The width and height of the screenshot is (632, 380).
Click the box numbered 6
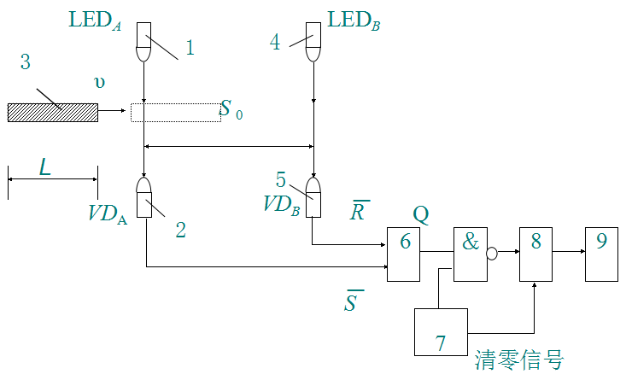point(404,254)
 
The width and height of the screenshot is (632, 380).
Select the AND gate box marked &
point(470,254)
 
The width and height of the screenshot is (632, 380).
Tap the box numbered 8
point(535,254)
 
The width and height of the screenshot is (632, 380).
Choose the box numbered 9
point(601,254)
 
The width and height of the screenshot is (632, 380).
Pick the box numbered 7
point(441,331)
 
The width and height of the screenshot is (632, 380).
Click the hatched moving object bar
point(53,112)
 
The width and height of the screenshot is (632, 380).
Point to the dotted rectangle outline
point(175,112)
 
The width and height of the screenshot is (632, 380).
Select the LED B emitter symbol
point(314,43)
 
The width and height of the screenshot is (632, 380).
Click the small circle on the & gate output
point(492,252)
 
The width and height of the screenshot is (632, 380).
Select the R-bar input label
point(360,210)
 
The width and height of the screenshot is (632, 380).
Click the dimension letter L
point(44,167)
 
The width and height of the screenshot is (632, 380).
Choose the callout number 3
point(25,61)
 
